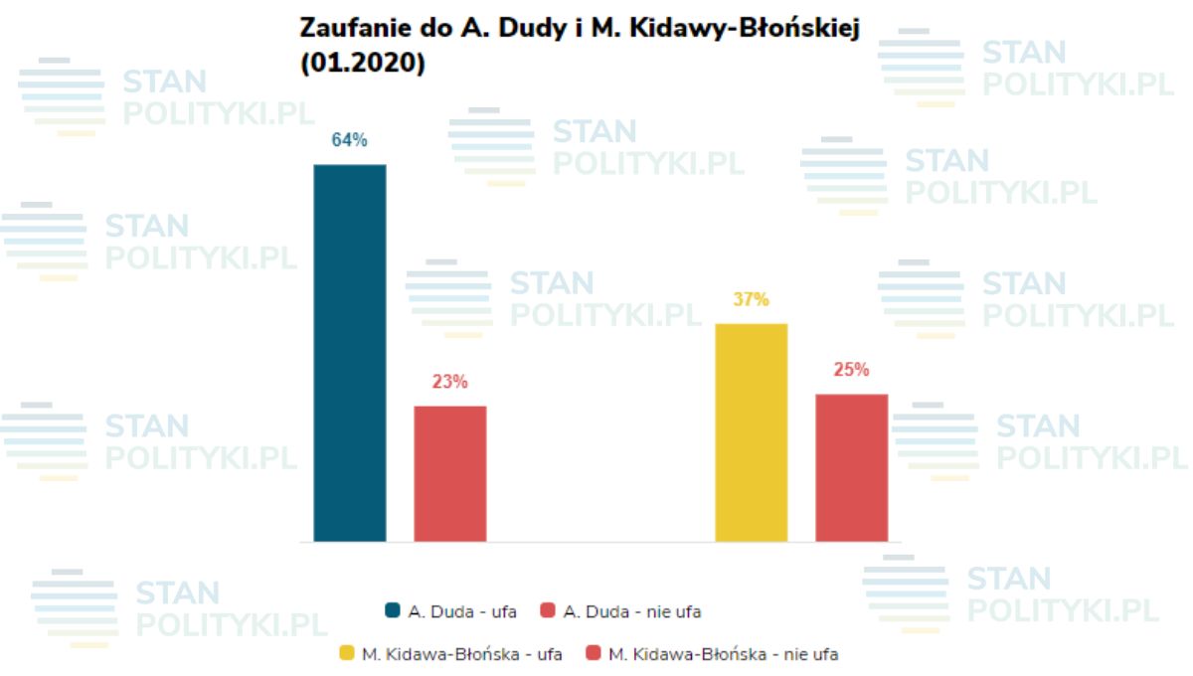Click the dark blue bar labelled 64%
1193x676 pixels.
click(x=350, y=353)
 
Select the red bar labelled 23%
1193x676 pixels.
click(x=450, y=473)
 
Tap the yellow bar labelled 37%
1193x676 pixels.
click(x=752, y=432)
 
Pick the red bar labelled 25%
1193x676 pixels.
click(x=852, y=467)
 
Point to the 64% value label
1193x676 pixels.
click(x=350, y=140)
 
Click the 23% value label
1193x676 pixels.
click(x=450, y=382)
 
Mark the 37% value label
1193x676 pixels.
click(x=752, y=299)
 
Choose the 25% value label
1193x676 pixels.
click(x=852, y=370)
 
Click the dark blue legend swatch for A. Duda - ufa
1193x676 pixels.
click(x=393, y=611)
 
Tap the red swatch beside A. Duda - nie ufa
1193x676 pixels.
click(x=547, y=611)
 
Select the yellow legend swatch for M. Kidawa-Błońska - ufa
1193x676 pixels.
click(x=347, y=654)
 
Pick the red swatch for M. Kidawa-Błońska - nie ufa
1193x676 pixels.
click(x=594, y=654)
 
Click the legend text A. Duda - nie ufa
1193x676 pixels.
click(x=632, y=611)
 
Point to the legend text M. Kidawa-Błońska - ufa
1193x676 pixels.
click(x=462, y=654)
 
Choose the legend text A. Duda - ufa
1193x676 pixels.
click(x=462, y=611)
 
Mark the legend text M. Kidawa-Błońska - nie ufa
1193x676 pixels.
click(x=723, y=654)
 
